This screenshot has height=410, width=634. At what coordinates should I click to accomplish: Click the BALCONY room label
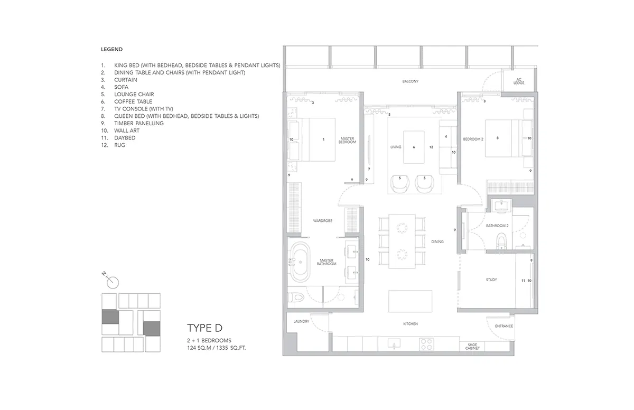[410, 81]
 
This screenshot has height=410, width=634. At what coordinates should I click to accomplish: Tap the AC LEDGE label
[519, 81]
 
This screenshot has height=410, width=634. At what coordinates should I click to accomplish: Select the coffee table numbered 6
[414, 147]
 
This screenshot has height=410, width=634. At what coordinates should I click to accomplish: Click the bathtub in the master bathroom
[301, 262]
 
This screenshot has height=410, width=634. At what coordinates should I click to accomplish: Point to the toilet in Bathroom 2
[501, 241]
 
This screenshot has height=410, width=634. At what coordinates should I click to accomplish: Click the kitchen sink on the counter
[394, 344]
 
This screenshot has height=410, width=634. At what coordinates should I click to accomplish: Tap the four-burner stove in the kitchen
[426, 344]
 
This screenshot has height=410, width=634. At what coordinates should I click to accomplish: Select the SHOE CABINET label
[472, 347]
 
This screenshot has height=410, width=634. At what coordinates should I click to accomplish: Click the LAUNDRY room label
[301, 321]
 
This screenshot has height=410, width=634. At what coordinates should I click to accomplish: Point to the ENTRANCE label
[504, 326]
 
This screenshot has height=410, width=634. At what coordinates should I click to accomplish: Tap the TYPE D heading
[204, 328]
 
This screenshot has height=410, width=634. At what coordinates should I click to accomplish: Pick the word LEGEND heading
[112, 49]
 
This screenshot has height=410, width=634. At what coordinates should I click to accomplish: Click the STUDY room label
[491, 280]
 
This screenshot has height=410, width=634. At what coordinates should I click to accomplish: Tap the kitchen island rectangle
[410, 301]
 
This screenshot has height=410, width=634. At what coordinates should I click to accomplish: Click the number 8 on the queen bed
[498, 138]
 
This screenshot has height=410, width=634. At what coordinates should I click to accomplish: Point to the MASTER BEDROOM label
[347, 141]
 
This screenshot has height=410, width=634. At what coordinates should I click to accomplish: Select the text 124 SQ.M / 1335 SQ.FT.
[216, 348]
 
